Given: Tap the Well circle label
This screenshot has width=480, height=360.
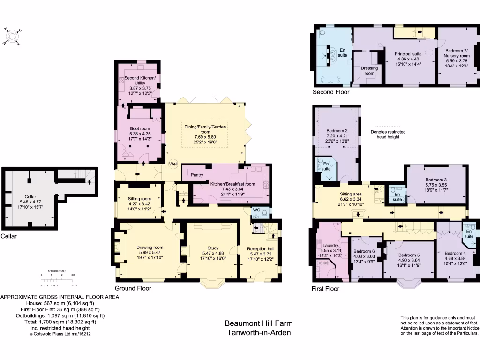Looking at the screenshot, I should [x=174, y=164].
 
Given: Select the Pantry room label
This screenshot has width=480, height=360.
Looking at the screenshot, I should [x=197, y=175].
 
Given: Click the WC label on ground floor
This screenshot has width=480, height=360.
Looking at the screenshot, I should [x=257, y=210].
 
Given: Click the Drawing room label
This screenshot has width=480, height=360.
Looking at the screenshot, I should [x=150, y=247].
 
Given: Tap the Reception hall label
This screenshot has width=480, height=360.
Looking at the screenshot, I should [x=261, y=248].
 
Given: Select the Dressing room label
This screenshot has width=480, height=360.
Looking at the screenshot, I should [x=369, y=70].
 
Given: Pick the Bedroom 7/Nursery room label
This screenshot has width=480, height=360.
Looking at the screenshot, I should [x=457, y=53].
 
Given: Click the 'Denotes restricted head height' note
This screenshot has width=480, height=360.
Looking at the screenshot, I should [x=388, y=135].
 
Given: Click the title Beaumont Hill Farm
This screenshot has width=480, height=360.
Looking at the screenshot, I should [x=258, y=323].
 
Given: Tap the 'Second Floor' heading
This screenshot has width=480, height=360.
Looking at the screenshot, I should [x=331, y=92].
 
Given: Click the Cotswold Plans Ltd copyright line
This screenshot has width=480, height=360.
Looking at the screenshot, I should [x=60, y=334].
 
